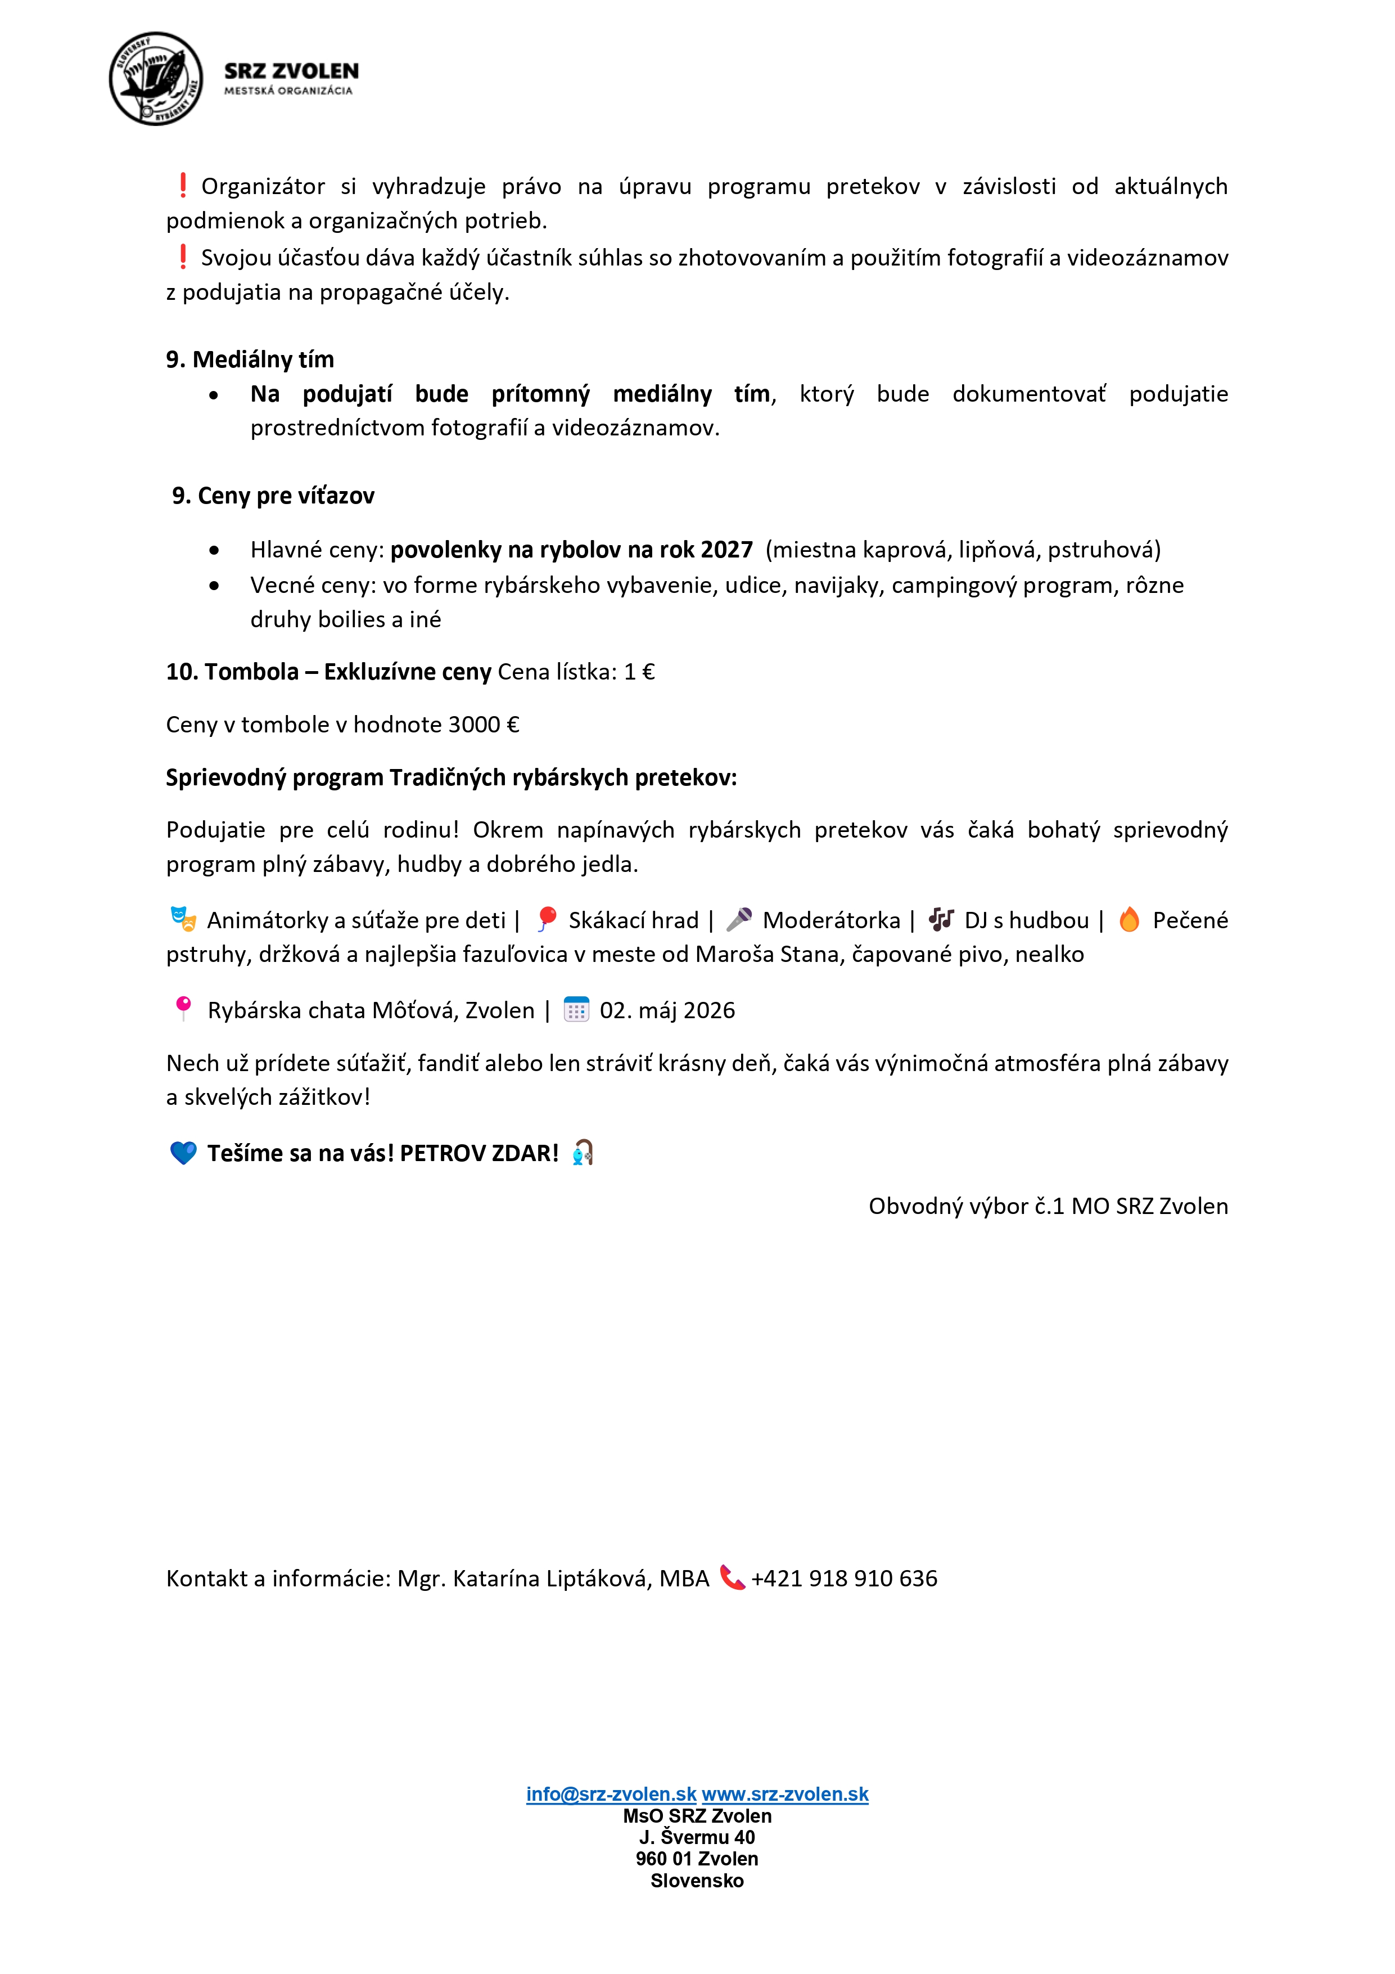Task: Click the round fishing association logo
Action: tap(156, 79)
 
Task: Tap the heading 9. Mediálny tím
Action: tap(250, 359)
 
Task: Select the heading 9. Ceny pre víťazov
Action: tap(273, 496)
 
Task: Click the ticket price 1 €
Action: tap(639, 672)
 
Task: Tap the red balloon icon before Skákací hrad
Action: tap(546, 920)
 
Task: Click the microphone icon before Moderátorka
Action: tap(739, 920)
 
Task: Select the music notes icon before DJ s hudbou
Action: tap(941, 920)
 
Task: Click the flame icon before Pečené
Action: tap(1130, 920)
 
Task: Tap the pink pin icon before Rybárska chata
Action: tap(183, 1009)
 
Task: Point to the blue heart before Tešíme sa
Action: tap(183, 1153)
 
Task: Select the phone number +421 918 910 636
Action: tap(844, 1579)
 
